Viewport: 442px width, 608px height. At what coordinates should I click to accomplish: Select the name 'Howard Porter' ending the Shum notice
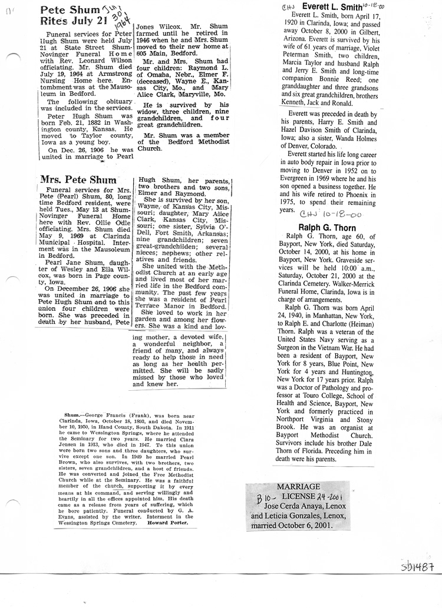point(167,523)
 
